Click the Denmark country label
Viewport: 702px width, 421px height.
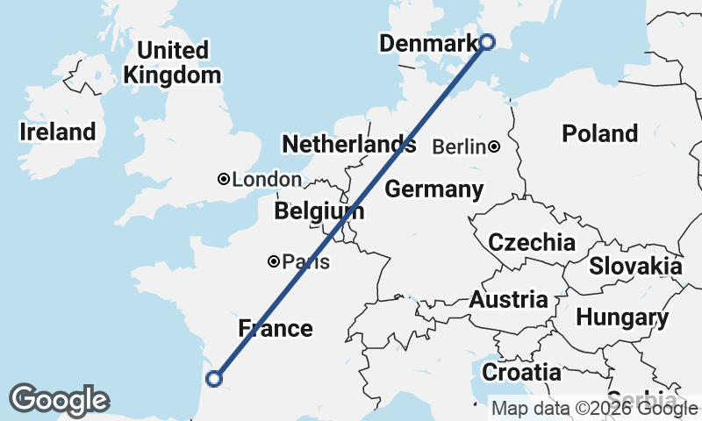coord(428,42)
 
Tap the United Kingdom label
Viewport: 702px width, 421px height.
coord(172,62)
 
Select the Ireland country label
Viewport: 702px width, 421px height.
coord(58,132)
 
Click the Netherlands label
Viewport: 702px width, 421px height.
coord(348,144)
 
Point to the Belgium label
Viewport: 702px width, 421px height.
coord(319,211)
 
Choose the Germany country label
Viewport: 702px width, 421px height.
coord(433,189)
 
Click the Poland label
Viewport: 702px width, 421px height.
coord(600,133)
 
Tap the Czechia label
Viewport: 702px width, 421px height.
coord(532,243)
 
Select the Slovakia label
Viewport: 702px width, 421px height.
coord(635,266)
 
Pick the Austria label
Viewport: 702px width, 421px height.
coord(509,300)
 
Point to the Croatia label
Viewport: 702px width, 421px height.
coord(521,371)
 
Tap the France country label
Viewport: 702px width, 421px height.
coord(276,329)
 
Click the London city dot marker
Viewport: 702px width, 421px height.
coord(224,179)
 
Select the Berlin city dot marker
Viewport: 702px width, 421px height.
coord(495,146)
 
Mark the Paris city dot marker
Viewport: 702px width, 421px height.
coord(274,261)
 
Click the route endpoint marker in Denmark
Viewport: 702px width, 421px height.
coord(488,40)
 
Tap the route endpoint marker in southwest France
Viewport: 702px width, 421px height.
coord(213,379)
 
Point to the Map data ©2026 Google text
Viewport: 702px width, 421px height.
coord(593,408)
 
